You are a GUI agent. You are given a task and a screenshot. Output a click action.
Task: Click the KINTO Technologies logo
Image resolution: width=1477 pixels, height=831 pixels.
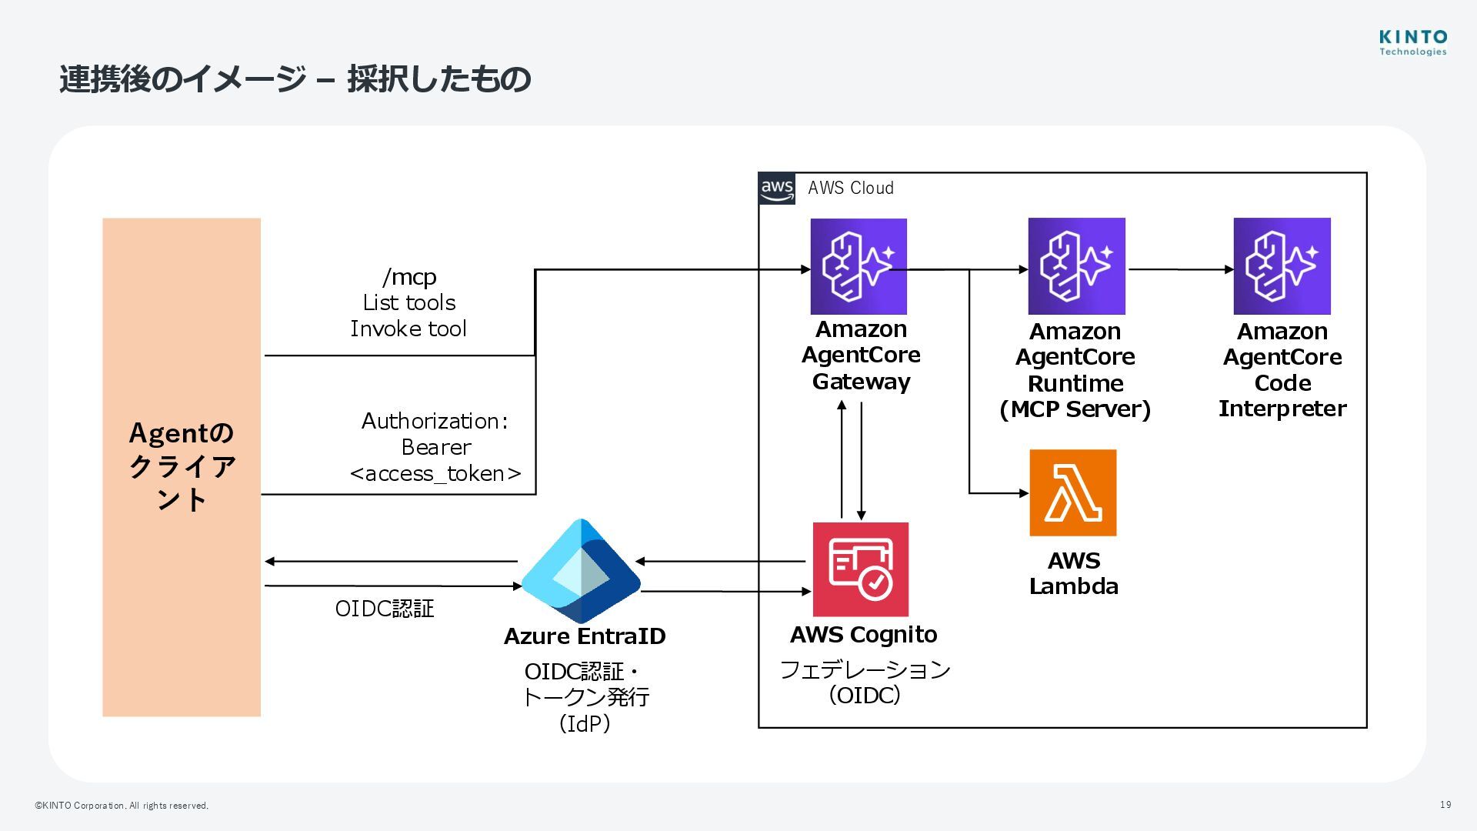(x=1412, y=42)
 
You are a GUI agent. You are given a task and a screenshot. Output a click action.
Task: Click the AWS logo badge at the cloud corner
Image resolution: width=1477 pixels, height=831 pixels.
(x=777, y=189)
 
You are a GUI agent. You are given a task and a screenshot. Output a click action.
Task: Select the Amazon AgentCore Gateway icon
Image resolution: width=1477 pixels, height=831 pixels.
(x=859, y=266)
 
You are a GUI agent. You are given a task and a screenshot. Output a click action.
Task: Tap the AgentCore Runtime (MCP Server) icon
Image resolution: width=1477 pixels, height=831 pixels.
(x=1076, y=266)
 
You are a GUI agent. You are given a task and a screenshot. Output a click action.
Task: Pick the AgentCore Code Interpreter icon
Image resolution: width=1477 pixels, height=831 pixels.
(x=1282, y=266)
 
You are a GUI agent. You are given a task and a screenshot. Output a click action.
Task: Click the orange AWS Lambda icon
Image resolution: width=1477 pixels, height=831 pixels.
(x=1072, y=492)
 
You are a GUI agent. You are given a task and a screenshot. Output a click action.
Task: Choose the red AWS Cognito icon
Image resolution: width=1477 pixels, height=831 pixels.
(x=861, y=569)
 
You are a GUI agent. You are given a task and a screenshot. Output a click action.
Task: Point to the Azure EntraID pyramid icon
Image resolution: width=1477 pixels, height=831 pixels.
(x=581, y=571)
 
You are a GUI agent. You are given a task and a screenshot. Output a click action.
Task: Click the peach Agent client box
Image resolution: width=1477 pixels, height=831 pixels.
(x=182, y=467)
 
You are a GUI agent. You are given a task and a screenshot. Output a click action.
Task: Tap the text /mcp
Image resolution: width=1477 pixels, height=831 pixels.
(x=409, y=276)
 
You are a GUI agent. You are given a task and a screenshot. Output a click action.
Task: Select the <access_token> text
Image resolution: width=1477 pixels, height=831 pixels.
(x=435, y=473)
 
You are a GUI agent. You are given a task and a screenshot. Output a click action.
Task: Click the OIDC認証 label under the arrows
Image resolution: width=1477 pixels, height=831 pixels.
(x=385, y=609)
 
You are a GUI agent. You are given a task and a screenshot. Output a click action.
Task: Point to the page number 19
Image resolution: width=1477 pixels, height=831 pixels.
(x=1445, y=805)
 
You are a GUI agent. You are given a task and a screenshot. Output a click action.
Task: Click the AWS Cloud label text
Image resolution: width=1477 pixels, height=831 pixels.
(x=850, y=188)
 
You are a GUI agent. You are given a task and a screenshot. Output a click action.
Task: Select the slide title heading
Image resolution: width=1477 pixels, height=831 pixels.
(x=295, y=79)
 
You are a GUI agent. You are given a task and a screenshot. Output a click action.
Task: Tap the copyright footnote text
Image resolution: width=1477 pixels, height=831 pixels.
(x=122, y=806)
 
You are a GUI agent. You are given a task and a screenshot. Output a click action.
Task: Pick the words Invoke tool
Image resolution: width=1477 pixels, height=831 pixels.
(x=408, y=329)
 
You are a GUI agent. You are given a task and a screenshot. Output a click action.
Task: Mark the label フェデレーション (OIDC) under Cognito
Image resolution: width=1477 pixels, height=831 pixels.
(x=865, y=682)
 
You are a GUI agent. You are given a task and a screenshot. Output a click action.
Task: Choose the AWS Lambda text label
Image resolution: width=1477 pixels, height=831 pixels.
(x=1074, y=573)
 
